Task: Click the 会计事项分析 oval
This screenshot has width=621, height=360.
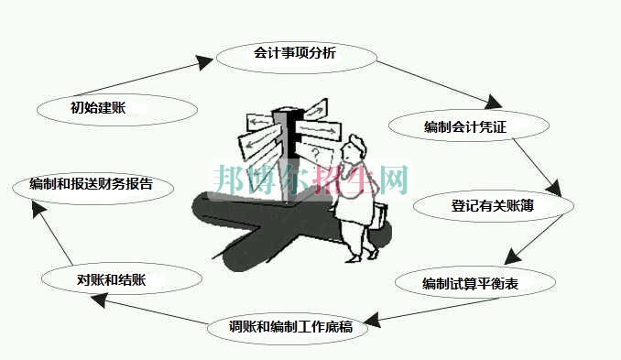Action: pos(296,54)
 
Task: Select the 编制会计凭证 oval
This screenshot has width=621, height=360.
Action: pos(458,125)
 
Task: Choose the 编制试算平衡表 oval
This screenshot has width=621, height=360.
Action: pos(474,283)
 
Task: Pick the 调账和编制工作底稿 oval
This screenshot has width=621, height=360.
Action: pos(292,326)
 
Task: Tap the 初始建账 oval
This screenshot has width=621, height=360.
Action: pos(117,107)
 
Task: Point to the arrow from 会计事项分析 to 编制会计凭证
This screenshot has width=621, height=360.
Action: pos(438,81)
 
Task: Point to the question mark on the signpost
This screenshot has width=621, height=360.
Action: pos(315,152)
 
